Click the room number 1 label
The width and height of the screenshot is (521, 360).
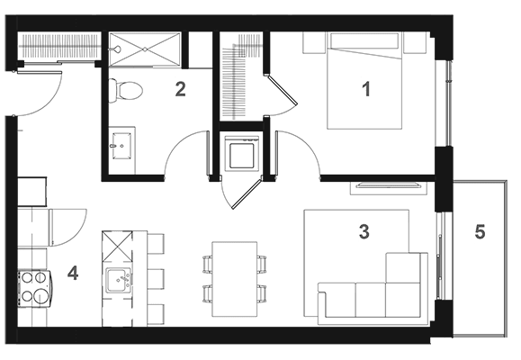pos(366,89)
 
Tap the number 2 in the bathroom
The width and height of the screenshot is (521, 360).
pos(181,89)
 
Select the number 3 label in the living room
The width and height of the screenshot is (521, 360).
pos(364,231)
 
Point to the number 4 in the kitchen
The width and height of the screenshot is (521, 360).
pos(73,274)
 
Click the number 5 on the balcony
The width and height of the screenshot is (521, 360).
pos(480,231)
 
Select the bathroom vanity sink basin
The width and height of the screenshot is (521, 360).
pos(122,146)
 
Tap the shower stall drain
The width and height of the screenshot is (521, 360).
pos(145,49)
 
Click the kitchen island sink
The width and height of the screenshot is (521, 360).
pos(118,281)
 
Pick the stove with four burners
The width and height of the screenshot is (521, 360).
pos(35,289)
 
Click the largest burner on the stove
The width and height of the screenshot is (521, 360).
pos(40,295)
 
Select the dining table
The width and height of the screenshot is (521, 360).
pos(235,279)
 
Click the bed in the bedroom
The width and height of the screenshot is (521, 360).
pos(364,80)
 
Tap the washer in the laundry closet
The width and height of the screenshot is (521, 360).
pos(241,154)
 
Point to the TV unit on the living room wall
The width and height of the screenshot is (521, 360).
pos(388,187)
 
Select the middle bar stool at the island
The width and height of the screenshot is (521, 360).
pos(156,279)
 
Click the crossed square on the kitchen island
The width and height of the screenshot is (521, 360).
pos(117,247)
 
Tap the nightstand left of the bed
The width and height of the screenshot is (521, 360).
pos(313,42)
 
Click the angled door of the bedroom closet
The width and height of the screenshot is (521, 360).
pos(282,91)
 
